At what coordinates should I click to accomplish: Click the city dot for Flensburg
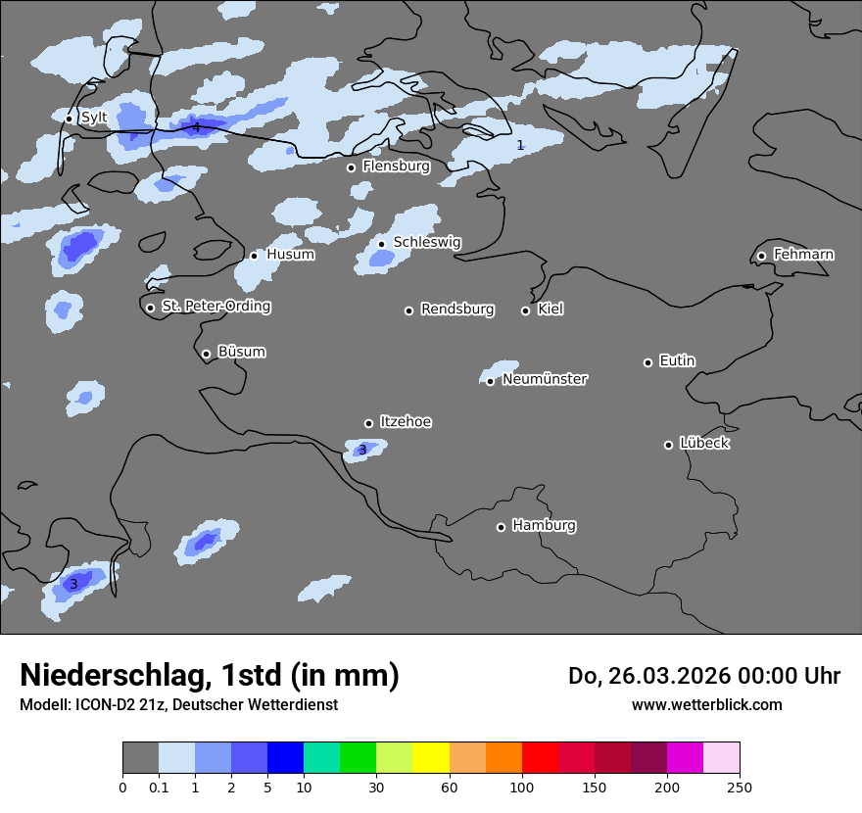tap(351, 167)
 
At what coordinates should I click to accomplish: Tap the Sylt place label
tap(94, 118)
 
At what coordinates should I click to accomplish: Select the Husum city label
tap(291, 255)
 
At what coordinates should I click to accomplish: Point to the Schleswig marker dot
tap(381, 244)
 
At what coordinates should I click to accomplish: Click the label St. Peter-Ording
tap(216, 307)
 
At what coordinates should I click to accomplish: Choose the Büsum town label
tap(242, 352)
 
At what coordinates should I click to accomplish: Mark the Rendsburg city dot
tap(408, 311)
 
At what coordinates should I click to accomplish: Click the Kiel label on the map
tap(551, 310)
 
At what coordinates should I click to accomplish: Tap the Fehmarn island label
tap(804, 255)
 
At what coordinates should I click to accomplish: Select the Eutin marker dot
tap(647, 362)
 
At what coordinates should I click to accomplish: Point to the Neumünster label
tap(545, 379)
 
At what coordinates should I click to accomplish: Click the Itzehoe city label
tap(406, 422)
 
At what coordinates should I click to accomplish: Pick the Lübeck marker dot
tap(668, 445)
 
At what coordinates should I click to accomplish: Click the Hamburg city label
tap(545, 526)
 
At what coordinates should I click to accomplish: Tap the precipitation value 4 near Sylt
tap(196, 127)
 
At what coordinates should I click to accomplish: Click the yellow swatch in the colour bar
tap(431, 758)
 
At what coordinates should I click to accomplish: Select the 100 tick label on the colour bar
tap(522, 788)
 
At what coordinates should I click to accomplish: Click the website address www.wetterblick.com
tap(707, 705)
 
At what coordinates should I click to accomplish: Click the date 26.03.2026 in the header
tap(653, 676)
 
